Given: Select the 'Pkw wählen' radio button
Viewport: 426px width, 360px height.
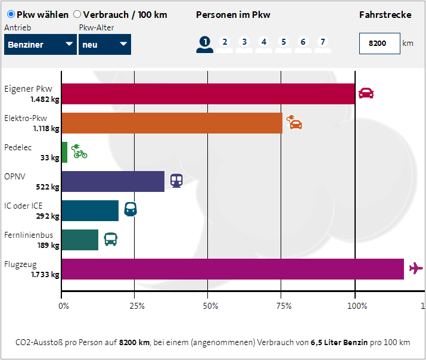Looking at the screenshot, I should [x=11, y=14].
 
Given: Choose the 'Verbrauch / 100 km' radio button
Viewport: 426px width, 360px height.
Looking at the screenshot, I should [x=77, y=14].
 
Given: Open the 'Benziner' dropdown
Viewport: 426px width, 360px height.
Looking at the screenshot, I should [x=41, y=44].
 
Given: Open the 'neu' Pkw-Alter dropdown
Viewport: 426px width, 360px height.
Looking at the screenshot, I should [x=104, y=44].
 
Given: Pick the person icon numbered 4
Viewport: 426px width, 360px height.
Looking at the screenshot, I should [x=264, y=44].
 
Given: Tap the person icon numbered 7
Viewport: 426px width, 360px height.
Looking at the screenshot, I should [x=323, y=44].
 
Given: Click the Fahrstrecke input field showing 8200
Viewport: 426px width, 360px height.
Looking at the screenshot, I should [x=379, y=44].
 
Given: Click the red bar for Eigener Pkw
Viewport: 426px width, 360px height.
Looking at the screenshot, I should [x=208, y=94].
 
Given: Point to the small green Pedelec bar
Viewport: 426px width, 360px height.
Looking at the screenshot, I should [x=64, y=152].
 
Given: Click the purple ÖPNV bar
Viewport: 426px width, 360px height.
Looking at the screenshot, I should [x=113, y=181].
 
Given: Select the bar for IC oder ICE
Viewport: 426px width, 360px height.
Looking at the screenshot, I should [x=90, y=210].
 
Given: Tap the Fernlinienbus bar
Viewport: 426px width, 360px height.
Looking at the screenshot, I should [x=80, y=240].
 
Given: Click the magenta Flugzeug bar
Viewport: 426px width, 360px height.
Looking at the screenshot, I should [x=232, y=269].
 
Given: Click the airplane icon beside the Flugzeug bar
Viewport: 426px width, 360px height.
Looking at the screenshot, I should [x=416, y=269].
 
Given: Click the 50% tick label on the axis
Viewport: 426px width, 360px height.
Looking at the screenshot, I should [x=210, y=306].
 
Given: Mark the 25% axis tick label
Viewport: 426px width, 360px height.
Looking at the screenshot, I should [x=137, y=306].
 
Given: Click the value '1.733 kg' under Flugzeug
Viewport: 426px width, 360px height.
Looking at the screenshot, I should [x=45, y=275].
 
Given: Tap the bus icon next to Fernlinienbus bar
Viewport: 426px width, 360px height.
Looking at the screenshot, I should [x=111, y=240].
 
